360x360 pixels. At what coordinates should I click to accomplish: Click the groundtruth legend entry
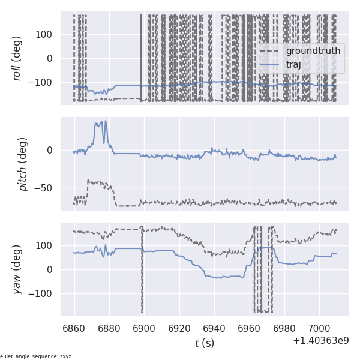coord(313,51)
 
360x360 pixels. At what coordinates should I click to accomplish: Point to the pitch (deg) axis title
coord(23,164)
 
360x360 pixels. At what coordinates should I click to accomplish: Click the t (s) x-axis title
coord(204,343)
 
